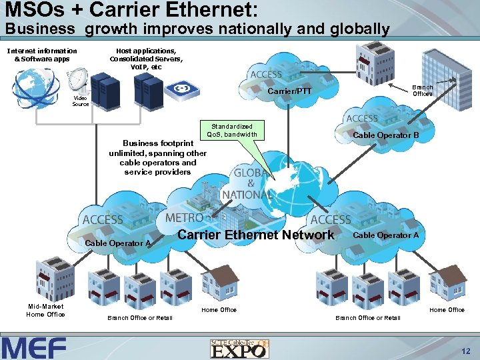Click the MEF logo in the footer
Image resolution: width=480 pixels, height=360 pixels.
point(34,348)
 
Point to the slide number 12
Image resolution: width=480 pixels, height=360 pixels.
point(465,351)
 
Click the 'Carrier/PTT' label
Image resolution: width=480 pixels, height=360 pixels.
point(289,91)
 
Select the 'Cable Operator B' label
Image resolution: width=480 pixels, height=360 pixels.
point(386,135)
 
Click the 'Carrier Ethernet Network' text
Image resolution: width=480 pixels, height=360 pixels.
point(256,235)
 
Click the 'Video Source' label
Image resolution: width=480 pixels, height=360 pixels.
point(80,101)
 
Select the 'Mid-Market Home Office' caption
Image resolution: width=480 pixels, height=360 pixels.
point(45,310)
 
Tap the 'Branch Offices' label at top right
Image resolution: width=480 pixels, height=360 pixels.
point(423,91)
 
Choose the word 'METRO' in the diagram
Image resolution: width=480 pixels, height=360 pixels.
point(184,218)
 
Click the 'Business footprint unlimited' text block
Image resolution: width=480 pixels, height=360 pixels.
point(157,157)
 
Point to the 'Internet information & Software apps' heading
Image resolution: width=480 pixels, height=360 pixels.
point(41,55)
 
